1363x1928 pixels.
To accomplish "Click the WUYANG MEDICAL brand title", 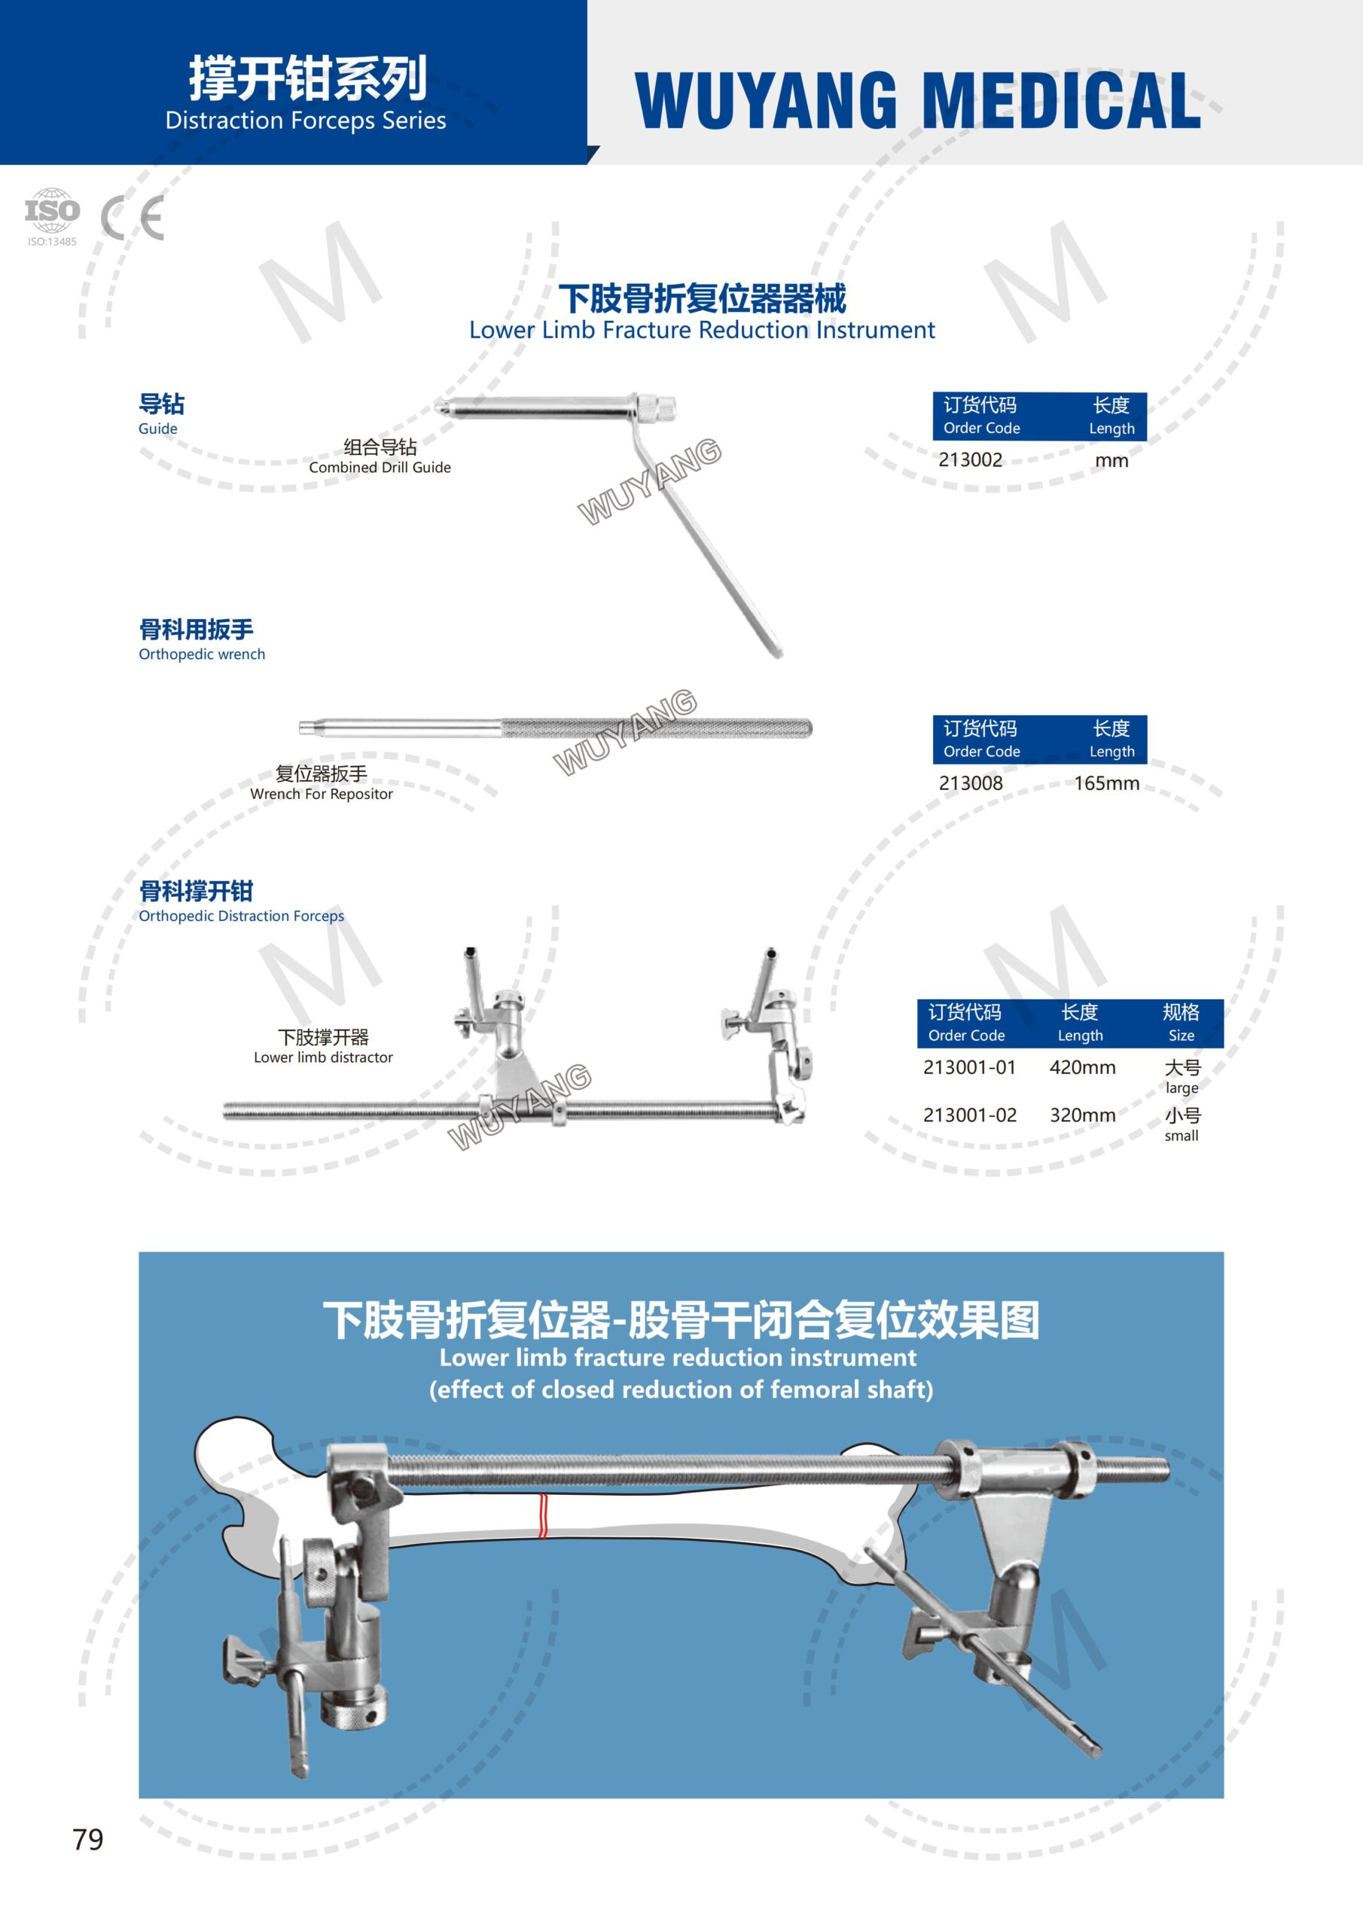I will coord(917,101).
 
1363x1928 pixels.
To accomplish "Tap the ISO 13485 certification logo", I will coord(52,216).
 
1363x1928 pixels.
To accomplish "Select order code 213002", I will coord(970,460).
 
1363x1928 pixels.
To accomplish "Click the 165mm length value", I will coord(1106,783).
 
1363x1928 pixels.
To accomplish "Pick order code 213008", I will coord(970,783).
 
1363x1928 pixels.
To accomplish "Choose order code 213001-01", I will coord(969,1067).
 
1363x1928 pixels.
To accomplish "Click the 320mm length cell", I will coord(1083,1115).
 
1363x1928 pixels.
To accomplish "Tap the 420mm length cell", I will coord(1083,1067).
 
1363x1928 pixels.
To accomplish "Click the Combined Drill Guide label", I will coord(380,468).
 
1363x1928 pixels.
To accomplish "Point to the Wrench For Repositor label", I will coord(321,795).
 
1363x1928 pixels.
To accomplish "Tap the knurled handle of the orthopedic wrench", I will coord(655,728).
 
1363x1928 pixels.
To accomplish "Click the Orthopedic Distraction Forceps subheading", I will coord(241,916).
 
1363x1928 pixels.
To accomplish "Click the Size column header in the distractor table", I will coord(1181,1036).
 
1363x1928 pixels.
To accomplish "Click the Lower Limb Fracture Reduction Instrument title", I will coord(701,330).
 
